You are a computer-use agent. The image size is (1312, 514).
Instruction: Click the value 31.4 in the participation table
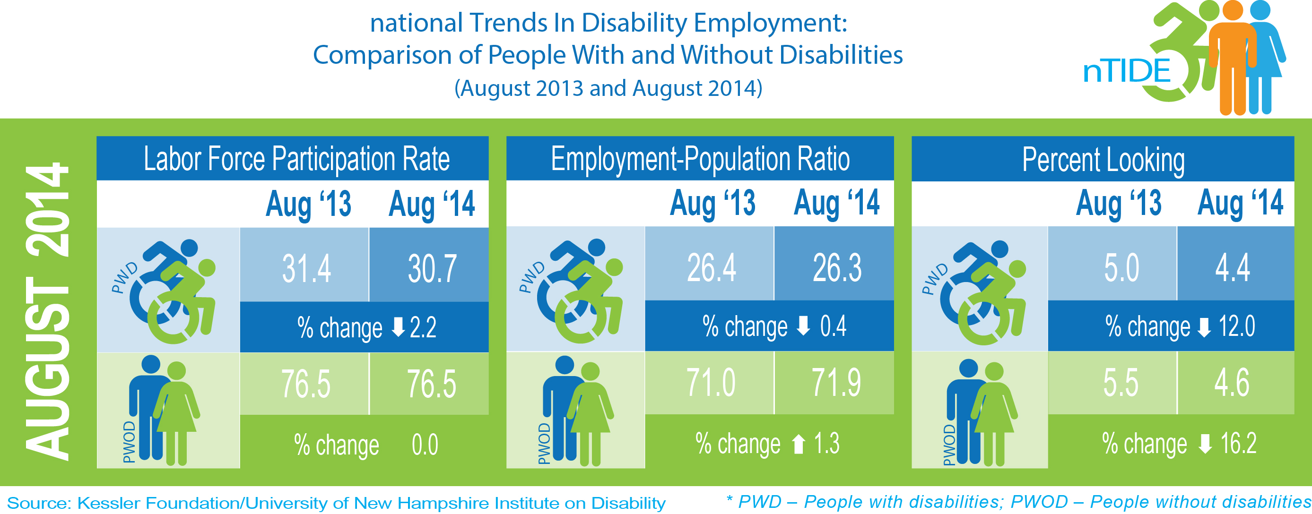point(307,268)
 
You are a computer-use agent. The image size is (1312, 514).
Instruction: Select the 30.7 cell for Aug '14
point(432,268)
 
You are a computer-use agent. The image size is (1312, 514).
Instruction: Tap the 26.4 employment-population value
point(712,267)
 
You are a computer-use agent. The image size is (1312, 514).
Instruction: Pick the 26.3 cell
point(837,267)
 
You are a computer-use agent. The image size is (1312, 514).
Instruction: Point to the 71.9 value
point(836,383)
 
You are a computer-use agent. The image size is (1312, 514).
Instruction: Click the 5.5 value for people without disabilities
point(1121,383)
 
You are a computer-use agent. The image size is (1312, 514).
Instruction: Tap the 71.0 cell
point(711,383)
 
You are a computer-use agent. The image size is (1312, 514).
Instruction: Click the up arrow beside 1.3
point(799,444)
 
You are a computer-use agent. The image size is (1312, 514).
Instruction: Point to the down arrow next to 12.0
point(1204,327)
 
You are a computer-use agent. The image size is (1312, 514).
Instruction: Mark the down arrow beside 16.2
point(1205,443)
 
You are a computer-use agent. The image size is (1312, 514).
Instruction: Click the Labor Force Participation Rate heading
point(296,159)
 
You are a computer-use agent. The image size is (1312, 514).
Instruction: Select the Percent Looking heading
point(1103,160)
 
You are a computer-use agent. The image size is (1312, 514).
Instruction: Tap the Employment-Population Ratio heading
point(700,159)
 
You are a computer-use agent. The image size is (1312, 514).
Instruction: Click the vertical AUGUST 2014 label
point(47,311)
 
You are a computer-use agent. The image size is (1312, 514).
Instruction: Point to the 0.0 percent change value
point(425,445)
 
